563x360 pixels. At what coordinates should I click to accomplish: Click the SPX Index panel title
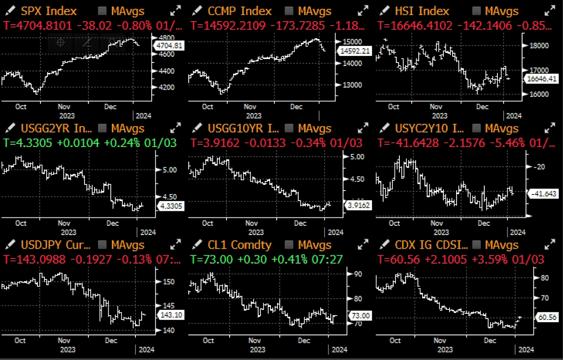(48, 11)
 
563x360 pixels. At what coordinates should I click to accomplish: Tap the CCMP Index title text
(240, 11)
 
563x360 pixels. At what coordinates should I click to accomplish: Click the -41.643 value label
(544, 193)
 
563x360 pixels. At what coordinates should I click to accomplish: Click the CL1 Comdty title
(240, 245)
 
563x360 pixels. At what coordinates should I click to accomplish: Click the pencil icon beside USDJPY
(9, 245)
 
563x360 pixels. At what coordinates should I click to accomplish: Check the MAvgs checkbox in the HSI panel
(475, 11)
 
